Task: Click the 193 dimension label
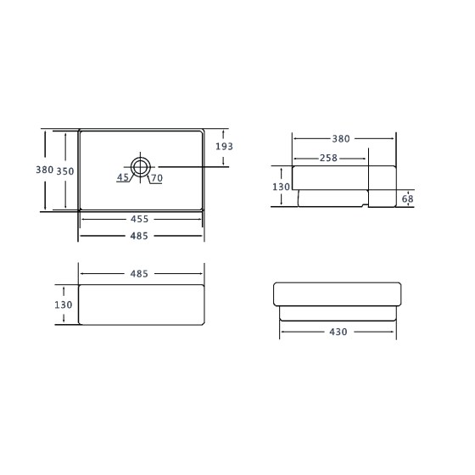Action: (224, 146)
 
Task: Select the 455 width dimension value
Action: (139, 219)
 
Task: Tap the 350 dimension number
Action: (65, 171)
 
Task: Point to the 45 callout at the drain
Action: (123, 177)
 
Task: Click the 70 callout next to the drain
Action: (157, 178)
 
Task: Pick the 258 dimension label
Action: (328, 158)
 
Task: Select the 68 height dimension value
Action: (407, 198)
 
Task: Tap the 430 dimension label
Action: (338, 332)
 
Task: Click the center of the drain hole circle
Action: (140, 167)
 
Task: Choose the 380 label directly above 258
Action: (341, 139)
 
